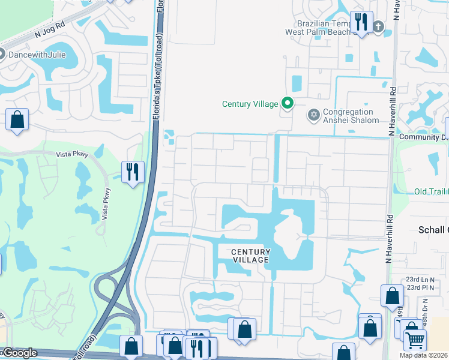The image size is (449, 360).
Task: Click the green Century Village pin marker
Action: [x=288, y=104]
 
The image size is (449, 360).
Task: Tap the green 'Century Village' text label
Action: [x=250, y=104]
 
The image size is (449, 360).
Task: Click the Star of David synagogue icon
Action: [x=312, y=114]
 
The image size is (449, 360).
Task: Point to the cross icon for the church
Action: [x=378, y=26]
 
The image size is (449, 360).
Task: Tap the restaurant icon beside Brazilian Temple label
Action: [x=361, y=22]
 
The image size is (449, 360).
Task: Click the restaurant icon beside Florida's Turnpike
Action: [x=131, y=172]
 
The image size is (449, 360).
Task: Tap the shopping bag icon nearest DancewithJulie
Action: [x=17, y=119]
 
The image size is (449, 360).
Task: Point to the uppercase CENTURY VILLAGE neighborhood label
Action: [x=250, y=256]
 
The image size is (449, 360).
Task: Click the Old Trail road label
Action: [x=431, y=191]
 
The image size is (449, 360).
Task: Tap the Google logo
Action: [x=19, y=353]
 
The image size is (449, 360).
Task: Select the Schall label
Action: [x=433, y=230]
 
